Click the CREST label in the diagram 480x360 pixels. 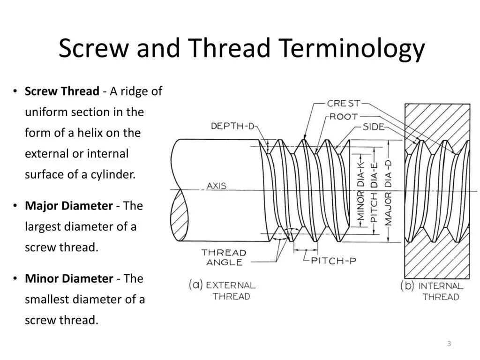coord(344,104)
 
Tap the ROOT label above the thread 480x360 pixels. coord(344,116)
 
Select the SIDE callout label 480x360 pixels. coord(374,127)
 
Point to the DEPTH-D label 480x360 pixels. coord(232,126)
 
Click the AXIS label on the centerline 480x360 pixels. coord(217,186)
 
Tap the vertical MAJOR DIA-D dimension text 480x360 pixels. coord(388,192)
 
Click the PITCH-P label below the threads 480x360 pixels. coord(333,261)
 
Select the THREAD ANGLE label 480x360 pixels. coord(224,257)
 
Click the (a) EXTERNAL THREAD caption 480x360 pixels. coord(222,290)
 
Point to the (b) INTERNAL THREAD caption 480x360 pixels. coord(432,291)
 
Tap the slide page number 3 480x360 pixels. coord(449,344)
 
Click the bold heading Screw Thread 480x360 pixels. coord(62,91)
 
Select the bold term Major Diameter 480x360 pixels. coord(68,206)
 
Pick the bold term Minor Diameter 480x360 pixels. coord(69,278)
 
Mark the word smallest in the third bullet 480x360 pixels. coord(45,300)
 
